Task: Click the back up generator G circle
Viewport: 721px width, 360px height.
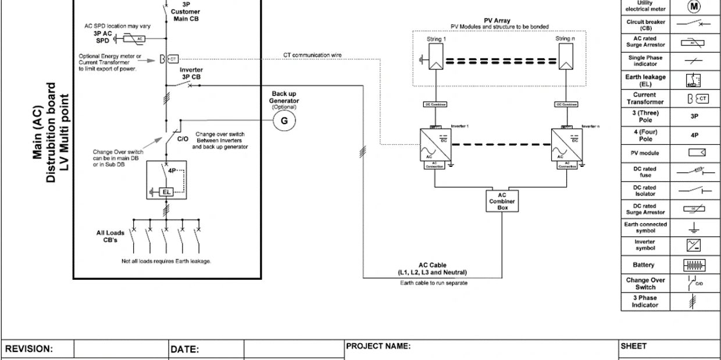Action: click(284, 120)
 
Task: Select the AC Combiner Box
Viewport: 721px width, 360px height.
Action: click(502, 201)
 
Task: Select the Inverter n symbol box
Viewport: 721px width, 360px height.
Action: click(566, 144)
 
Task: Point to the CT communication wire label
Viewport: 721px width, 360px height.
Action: click(312, 55)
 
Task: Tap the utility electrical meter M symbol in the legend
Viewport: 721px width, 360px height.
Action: click(694, 7)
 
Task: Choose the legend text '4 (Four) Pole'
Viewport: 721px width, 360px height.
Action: click(645, 136)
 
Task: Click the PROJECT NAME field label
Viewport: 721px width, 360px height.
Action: click(379, 346)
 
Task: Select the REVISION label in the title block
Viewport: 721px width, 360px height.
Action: click(29, 349)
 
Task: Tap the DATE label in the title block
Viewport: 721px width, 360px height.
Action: click(185, 350)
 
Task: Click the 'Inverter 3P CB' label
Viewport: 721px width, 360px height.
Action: click(191, 73)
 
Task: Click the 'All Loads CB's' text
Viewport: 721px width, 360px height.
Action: click(110, 236)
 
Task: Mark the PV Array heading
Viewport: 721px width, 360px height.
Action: click(497, 20)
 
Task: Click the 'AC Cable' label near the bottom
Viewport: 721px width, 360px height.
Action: click(433, 265)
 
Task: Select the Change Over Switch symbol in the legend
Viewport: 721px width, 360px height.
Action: click(694, 283)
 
